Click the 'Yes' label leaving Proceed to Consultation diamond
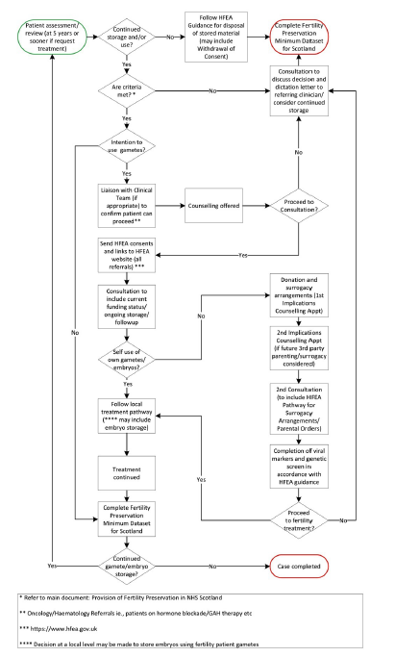pos(242,256)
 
